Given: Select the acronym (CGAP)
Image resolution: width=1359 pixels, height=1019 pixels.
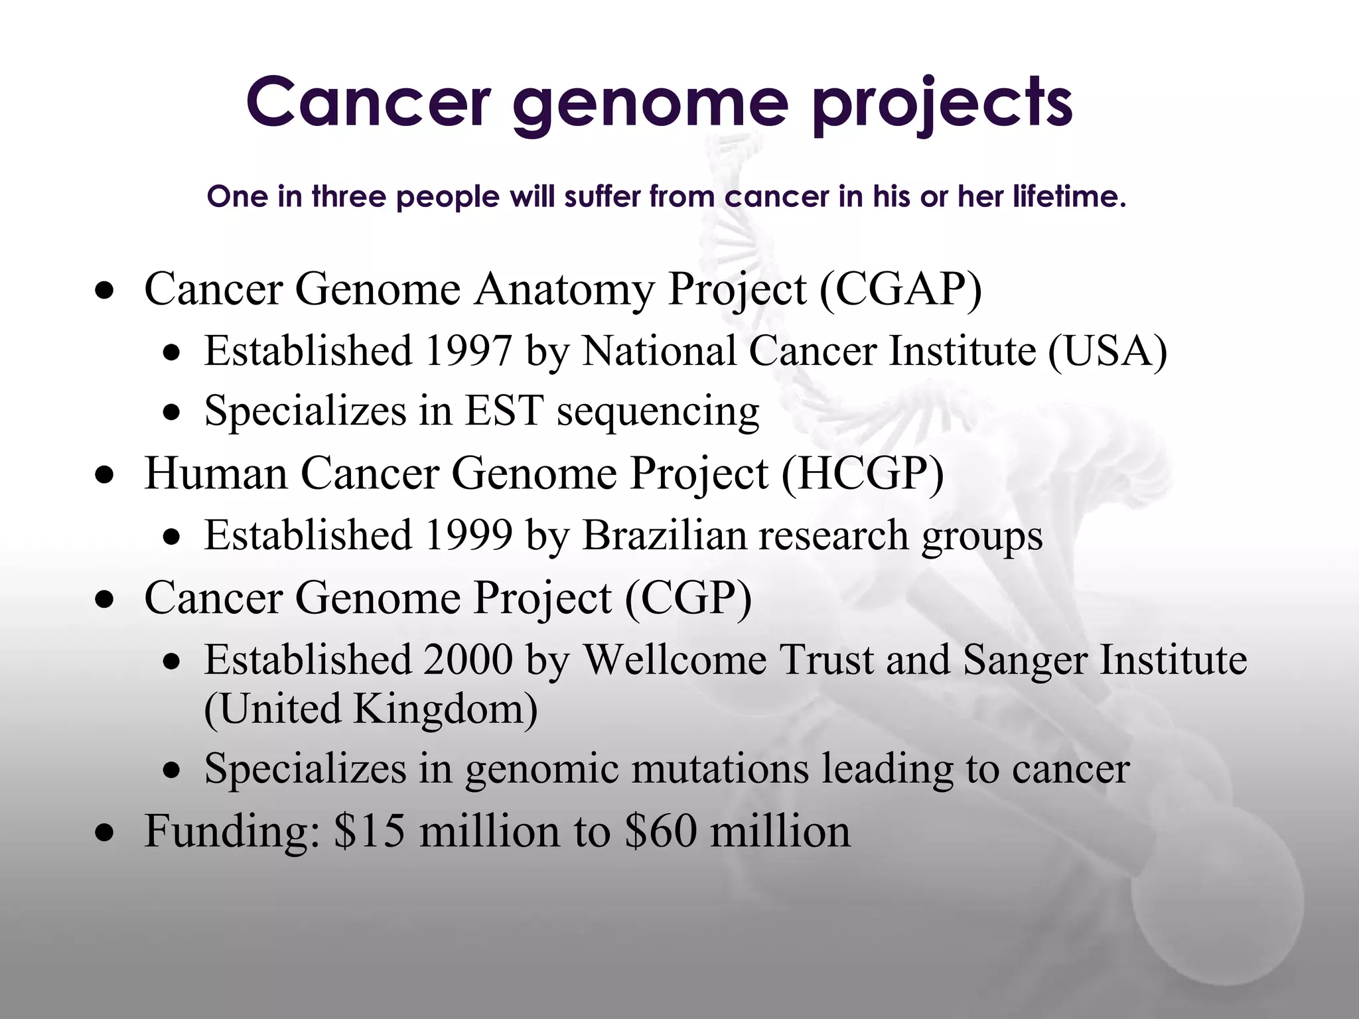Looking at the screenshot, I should [x=900, y=289].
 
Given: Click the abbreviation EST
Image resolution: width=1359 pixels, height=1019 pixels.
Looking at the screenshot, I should [x=504, y=410].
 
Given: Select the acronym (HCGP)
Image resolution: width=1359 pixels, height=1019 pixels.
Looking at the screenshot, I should [x=862, y=474].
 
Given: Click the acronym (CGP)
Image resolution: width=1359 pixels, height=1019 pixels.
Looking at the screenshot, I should [x=688, y=598].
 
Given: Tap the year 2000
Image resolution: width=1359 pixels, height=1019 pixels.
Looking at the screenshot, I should [x=468, y=659].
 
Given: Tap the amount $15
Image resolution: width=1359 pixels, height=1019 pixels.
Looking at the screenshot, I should [x=369, y=831].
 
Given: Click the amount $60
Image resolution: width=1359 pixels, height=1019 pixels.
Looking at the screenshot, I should [x=661, y=831].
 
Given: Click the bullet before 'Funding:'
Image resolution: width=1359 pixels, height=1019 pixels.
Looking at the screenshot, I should [x=104, y=833].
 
